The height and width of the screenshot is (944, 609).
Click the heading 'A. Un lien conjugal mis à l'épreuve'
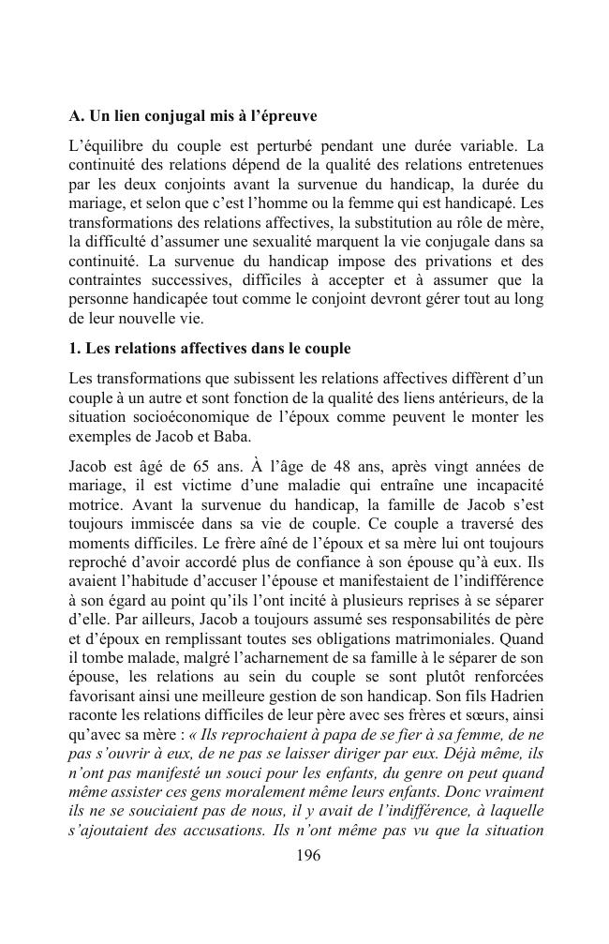click(193, 117)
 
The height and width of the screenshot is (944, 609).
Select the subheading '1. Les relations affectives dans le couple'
click(210, 349)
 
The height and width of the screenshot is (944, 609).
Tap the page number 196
click(308, 855)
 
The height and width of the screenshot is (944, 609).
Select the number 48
click(356, 466)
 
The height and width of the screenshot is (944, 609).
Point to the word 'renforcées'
click(507, 679)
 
